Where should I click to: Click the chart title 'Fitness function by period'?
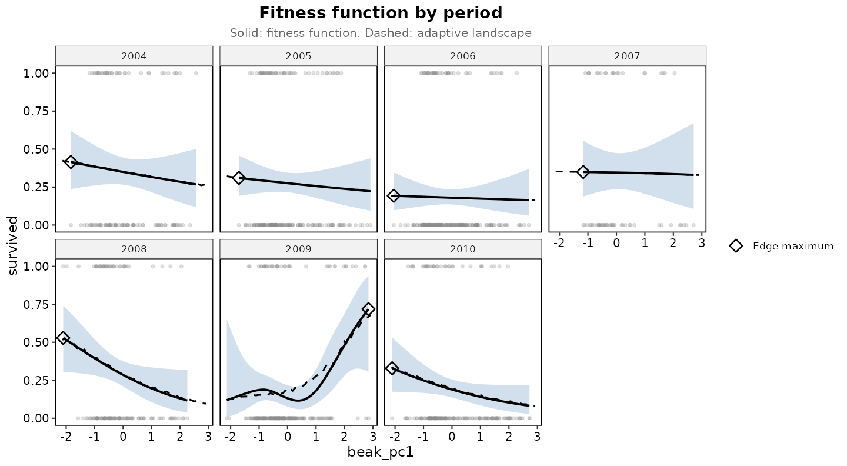click(381, 13)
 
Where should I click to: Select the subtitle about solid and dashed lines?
click(381, 34)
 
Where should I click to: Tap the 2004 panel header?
click(134, 56)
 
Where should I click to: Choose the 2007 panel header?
click(627, 56)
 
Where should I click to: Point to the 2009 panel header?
click(298, 249)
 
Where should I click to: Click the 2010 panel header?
click(463, 249)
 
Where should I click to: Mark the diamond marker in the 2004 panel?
click(71, 162)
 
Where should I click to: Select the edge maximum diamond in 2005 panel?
click(239, 178)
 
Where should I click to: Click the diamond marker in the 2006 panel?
click(394, 195)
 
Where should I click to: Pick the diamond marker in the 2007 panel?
click(583, 172)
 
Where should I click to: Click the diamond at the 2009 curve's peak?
click(368, 309)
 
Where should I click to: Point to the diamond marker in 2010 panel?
click(392, 368)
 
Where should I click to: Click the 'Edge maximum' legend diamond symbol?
click(736, 246)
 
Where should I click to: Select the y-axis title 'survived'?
click(12, 246)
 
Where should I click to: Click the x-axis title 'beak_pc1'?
click(381, 452)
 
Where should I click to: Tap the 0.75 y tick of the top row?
click(36, 111)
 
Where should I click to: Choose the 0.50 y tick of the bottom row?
click(36, 342)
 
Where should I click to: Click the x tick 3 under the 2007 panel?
click(702, 243)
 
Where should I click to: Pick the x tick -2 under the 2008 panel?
click(66, 437)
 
